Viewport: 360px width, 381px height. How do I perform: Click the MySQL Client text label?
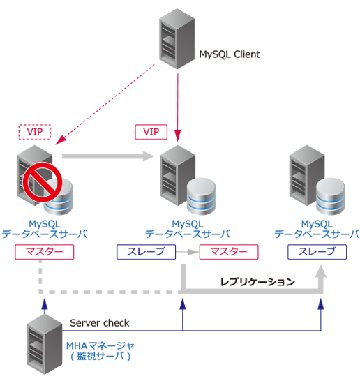point(230,54)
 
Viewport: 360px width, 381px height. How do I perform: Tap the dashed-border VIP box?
point(35,131)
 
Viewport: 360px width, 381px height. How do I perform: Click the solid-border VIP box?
point(151,131)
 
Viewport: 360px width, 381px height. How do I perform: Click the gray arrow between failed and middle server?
point(108,156)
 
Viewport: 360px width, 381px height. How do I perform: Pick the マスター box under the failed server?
point(44,252)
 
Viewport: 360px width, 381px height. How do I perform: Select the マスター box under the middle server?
point(227,252)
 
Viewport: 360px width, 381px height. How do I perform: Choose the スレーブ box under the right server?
point(317,252)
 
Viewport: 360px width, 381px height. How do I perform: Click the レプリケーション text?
point(257,282)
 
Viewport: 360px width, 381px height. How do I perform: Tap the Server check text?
point(99,323)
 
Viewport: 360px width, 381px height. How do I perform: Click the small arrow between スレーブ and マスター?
point(186,252)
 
